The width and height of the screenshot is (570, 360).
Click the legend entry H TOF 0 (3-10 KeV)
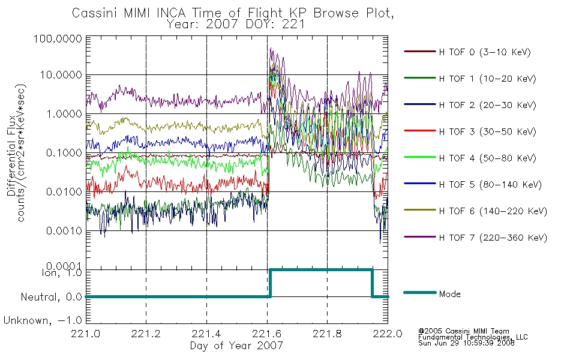pos(485,52)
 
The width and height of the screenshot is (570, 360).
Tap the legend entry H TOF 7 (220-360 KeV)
pos(493,238)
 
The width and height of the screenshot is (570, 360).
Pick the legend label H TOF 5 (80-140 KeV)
pos(490,185)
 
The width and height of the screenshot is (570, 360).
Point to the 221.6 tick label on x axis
pos(267,334)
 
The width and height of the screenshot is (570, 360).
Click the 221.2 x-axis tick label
pos(146,334)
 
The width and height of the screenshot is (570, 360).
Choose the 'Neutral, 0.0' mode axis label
pos(52,297)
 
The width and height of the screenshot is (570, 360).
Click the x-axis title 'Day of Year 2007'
pos(236,346)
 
